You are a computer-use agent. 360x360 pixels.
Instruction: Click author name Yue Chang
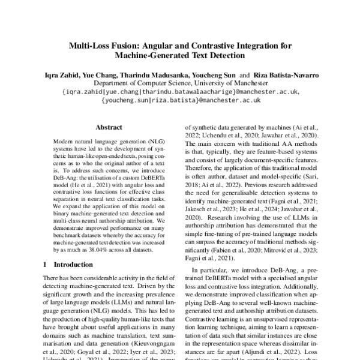(98, 75)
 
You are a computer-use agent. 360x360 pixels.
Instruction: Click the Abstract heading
(109, 128)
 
